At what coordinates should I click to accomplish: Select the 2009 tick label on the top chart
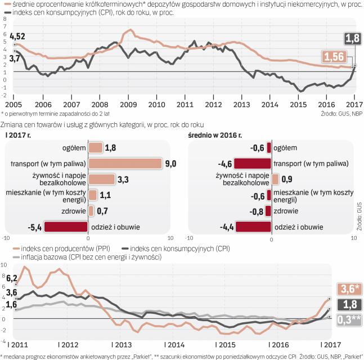[128, 104]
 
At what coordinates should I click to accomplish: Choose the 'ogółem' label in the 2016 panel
[286, 147]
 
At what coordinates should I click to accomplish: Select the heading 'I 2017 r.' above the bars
[17, 135]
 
